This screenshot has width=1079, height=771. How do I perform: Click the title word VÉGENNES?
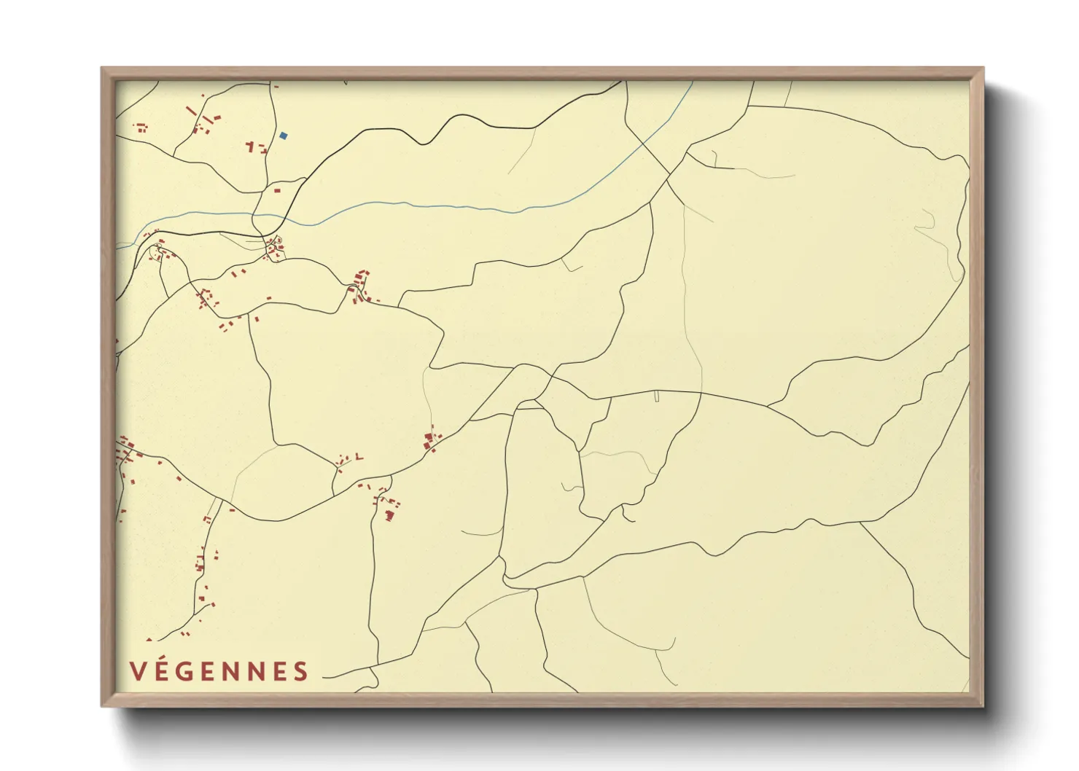pos(219,671)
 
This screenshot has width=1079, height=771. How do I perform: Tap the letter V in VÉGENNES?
pos(136,671)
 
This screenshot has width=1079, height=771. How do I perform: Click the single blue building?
pos(284,136)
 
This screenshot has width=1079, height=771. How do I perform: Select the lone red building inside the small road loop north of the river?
pos(277,191)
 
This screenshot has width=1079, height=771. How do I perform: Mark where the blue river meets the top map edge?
pos(691,82)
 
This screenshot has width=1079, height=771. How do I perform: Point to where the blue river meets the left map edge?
pos(117,248)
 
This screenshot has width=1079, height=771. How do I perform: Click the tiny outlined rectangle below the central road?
pos(657,396)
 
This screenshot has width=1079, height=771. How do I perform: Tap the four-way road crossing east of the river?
pos(669,176)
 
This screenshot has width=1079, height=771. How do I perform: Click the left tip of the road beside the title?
pos(323,677)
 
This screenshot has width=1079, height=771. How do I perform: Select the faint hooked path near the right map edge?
pos(930,222)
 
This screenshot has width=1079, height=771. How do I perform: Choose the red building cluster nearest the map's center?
pos(432,440)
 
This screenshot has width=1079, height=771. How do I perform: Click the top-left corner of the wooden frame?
pos(101,68)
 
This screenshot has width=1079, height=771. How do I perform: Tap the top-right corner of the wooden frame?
pos(983,68)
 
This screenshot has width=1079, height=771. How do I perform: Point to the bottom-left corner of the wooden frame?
pos(101,706)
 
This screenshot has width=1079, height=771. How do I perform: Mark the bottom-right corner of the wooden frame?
pos(983,706)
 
